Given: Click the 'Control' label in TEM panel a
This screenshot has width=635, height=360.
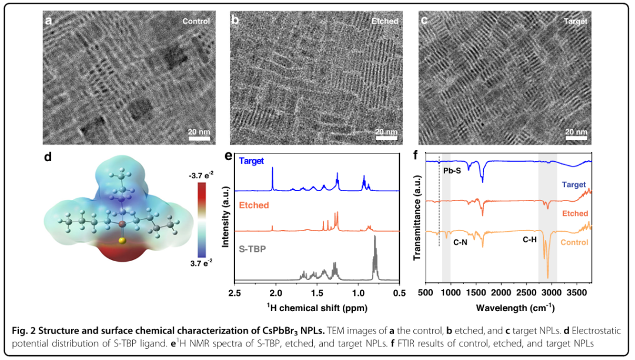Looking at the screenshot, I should (196, 21).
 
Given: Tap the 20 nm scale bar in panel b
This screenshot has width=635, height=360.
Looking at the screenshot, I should (386, 139).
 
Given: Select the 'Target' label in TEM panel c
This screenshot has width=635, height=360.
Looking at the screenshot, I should (575, 21).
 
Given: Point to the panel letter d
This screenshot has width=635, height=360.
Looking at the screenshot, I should (48, 157).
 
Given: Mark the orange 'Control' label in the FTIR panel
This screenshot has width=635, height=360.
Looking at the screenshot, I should (575, 242).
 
